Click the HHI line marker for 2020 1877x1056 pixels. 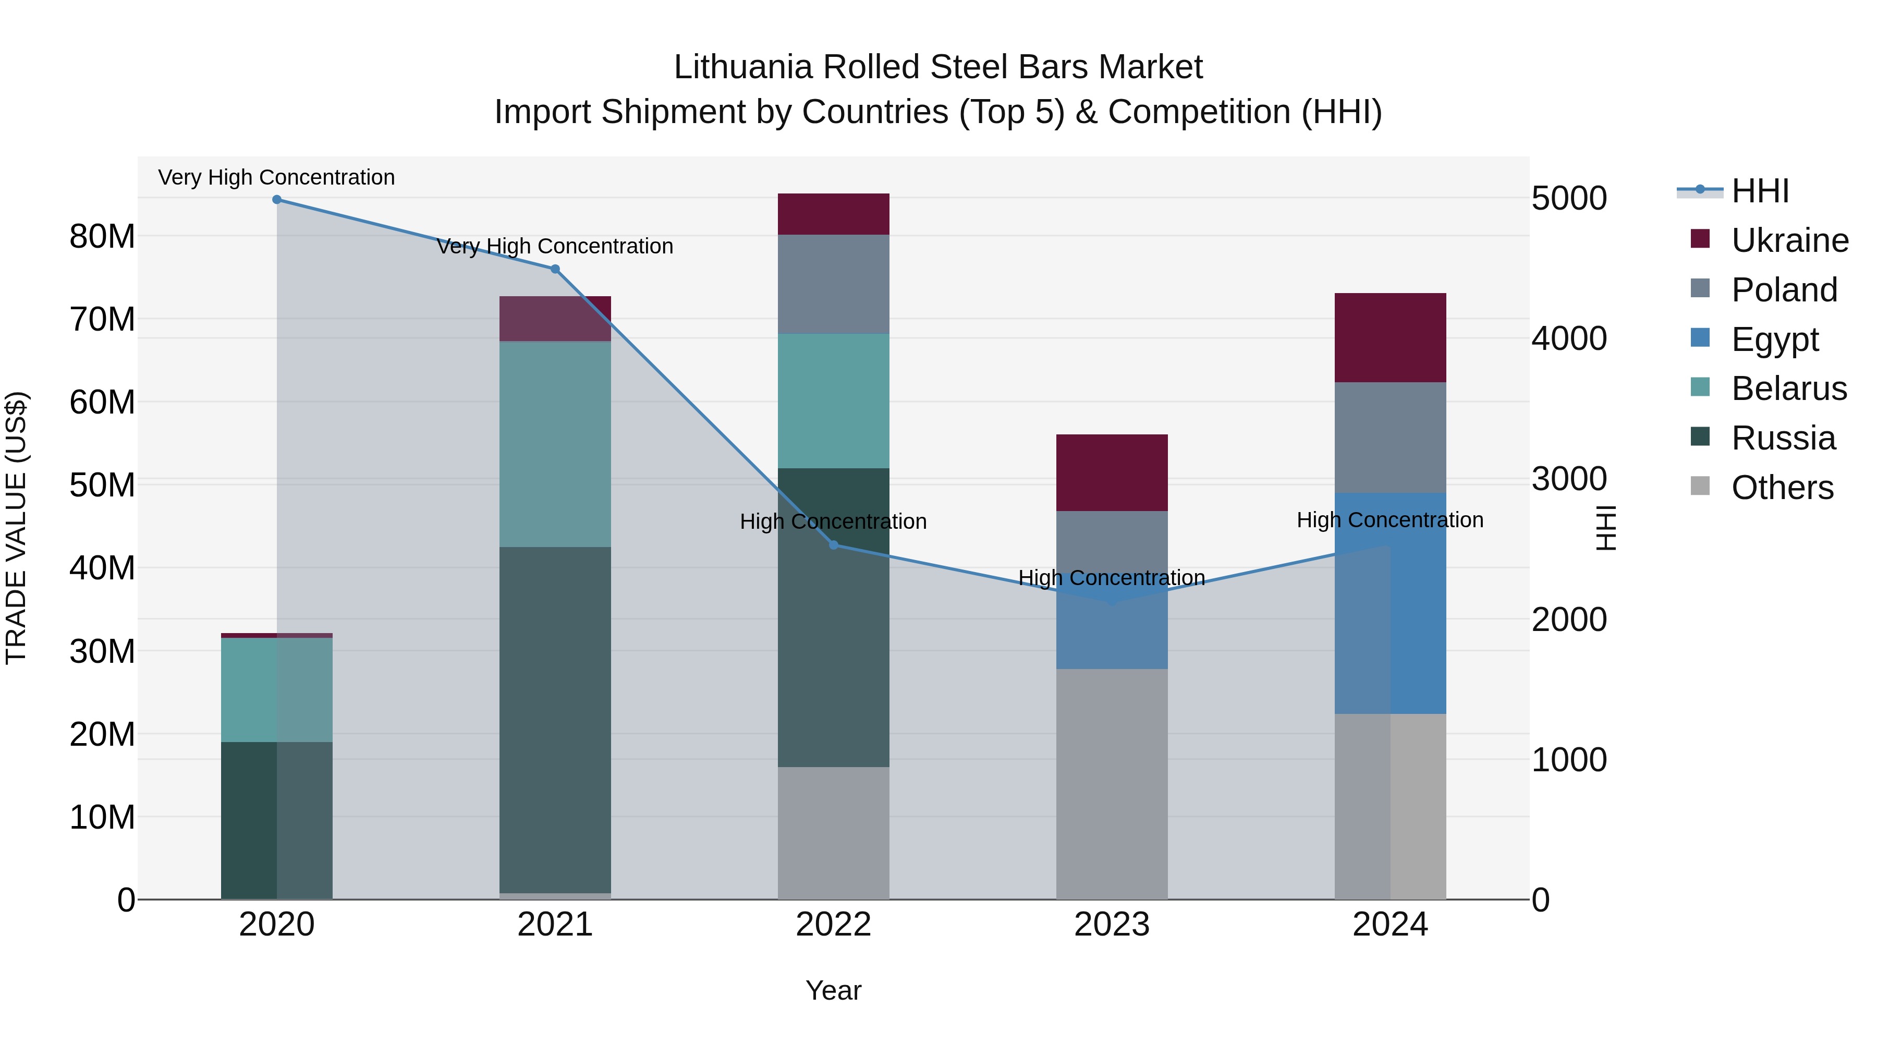(277, 200)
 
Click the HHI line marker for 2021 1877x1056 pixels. (555, 270)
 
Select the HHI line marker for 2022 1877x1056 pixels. (834, 545)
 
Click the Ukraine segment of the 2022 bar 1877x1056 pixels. (834, 214)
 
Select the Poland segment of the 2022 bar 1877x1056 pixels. (834, 284)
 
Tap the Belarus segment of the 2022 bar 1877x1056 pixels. (834, 401)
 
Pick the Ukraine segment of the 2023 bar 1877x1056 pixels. (1112, 472)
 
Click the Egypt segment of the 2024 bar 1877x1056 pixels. (1390, 603)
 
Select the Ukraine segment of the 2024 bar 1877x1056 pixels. (1390, 337)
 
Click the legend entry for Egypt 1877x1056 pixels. (1775, 339)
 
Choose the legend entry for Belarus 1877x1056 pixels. (1789, 389)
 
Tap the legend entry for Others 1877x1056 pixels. (1782, 488)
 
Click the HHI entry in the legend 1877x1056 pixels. (1760, 191)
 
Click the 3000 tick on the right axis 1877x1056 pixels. (1569, 479)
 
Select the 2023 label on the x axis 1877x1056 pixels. (1112, 925)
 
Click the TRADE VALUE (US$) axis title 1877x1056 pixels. (16, 528)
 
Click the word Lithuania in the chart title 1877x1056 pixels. (743, 67)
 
